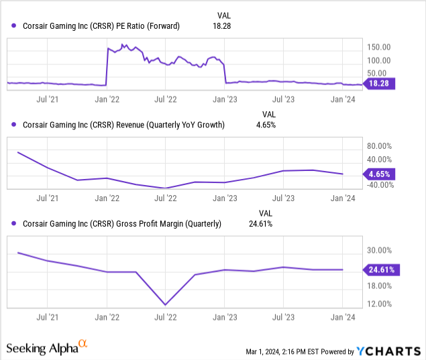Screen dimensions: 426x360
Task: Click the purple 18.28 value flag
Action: pos(379,83)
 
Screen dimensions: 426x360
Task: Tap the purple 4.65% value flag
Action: pos(379,174)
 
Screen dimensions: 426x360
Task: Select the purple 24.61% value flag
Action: pos(381,269)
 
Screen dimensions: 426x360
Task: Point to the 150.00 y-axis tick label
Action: pos(379,47)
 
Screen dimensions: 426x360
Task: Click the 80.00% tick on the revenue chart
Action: pos(379,146)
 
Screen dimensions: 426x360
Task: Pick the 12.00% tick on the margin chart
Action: pos(379,304)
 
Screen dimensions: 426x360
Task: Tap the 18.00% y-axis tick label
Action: pos(379,286)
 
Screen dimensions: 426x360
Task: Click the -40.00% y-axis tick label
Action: pos(380,185)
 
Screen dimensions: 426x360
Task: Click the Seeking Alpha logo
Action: pos(47,347)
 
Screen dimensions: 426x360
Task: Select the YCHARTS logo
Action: pos(388,351)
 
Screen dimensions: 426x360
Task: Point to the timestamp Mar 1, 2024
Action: pos(263,352)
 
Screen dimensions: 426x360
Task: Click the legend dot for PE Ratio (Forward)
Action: pos(13,25)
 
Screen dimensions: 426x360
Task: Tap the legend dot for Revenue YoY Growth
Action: pos(13,125)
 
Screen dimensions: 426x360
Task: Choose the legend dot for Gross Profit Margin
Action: pos(13,223)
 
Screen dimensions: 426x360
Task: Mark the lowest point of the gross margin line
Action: pos(166,304)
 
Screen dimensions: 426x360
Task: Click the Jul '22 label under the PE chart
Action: pos(166,99)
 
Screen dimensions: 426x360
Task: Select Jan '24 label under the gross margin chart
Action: pos(343,317)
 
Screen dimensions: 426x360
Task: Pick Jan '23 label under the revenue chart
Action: pos(225,198)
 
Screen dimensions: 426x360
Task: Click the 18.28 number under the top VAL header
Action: pos(221,26)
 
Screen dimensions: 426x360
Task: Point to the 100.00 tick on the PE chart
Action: pos(379,60)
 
